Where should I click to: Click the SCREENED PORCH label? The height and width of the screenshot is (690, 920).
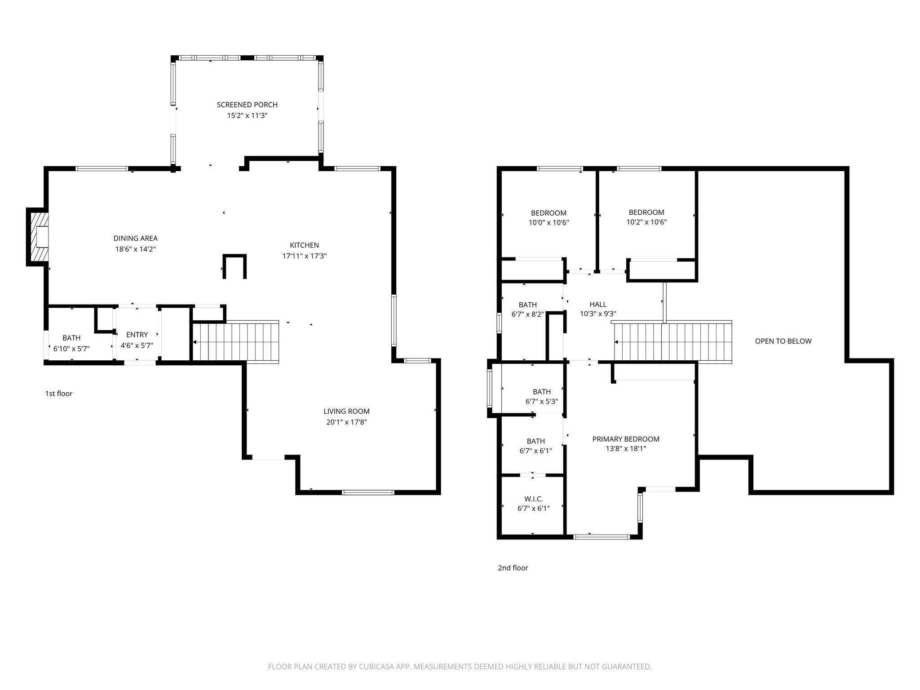[247, 105]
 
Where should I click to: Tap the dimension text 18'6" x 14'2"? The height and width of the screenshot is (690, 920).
[135, 249]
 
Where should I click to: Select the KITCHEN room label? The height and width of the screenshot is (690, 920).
[304, 245]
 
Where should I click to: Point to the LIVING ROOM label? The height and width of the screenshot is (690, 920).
[346, 411]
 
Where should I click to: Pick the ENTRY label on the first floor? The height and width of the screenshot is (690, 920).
[137, 335]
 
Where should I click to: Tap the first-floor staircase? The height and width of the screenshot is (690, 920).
[235, 341]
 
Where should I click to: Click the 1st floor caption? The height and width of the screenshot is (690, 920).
[58, 394]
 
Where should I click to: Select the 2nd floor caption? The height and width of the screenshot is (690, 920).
[513, 568]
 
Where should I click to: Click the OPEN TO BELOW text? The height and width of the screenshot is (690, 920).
[783, 341]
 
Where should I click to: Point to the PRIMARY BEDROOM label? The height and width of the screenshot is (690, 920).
[626, 439]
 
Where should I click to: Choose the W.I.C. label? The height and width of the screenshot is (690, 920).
[534, 499]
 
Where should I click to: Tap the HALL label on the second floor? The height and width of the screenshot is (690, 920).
[598, 304]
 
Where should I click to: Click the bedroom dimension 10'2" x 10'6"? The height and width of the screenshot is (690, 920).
[646, 222]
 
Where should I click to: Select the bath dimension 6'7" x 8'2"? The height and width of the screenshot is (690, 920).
[527, 314]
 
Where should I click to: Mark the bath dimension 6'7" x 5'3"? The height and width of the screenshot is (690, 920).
[542, 402]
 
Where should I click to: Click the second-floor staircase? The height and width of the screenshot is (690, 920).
[672, 342]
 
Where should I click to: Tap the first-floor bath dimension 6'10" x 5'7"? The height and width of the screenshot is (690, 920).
[71, 348]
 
